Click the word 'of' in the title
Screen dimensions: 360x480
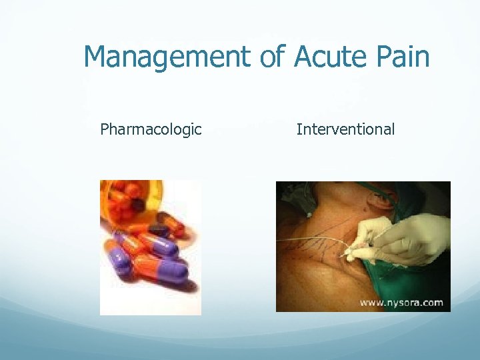pos(272,57)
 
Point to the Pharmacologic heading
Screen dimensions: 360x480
pos(151,129)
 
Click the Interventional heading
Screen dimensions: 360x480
pos(345,129)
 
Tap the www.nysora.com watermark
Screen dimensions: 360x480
pos(401,302)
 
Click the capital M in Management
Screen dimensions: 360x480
pos(97,57)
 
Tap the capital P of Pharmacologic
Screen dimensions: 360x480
pos(104,129)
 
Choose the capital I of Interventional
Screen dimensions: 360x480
pos(299,129)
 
